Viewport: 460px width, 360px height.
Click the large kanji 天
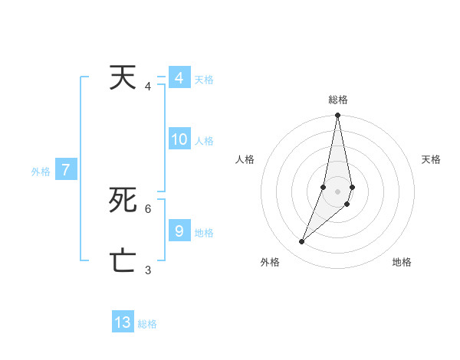pyautogui.click(x=123, y=78)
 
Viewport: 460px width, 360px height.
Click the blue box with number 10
pyautogui.click(x=179, y=139)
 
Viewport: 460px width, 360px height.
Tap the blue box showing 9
pyautogui.click(x=179, y=231)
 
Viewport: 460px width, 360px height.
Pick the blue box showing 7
pyautogui.click(x=66, y=171)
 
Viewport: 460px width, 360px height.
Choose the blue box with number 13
pyautogui.click(x=123, y=322)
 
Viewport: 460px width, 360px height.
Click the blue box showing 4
pyautogui.click(x=179, y=78)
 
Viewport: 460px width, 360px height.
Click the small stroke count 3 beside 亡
pyautogui.click(x=148, y=270)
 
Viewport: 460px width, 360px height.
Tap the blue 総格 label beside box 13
pyautogui.click(x=147, y=324)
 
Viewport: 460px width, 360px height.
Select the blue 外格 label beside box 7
pyautogui.click(x=41, y=172)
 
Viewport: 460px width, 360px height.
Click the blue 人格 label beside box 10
pyautogui.click(x=204, y=141)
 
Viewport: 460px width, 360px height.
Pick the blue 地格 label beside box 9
pyautogui.click(x=204, y=233)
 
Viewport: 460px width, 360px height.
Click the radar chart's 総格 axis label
pyautogui.click(x=338, y=100)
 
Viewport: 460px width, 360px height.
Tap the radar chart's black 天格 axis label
pyautogui.click(x=431, y=159)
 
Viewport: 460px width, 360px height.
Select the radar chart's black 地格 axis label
pyautogui.click(x=402, y=263)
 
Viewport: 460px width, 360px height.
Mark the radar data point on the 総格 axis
pyautogui.click(x=338, y=116)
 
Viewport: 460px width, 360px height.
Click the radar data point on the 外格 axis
pyautogui.click(x=301, y=242)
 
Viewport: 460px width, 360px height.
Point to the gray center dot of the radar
pyautogui.click(x=338, y=191)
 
